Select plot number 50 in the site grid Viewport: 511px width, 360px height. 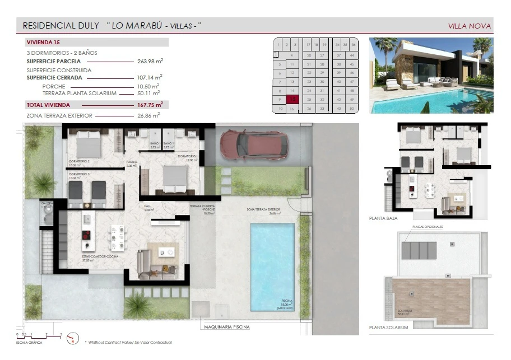point(351,108)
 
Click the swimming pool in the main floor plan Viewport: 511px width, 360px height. point(272,266)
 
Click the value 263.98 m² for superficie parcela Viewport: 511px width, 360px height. point(150,61)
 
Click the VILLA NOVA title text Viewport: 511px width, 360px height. point(470,26)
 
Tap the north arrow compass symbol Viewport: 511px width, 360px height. point(71,338)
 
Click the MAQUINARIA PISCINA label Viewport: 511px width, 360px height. point(227,326)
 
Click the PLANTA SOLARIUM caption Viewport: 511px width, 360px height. point(389,327)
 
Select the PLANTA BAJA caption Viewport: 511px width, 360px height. point(383,218)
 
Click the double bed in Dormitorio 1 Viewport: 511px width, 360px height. point(170,178)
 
